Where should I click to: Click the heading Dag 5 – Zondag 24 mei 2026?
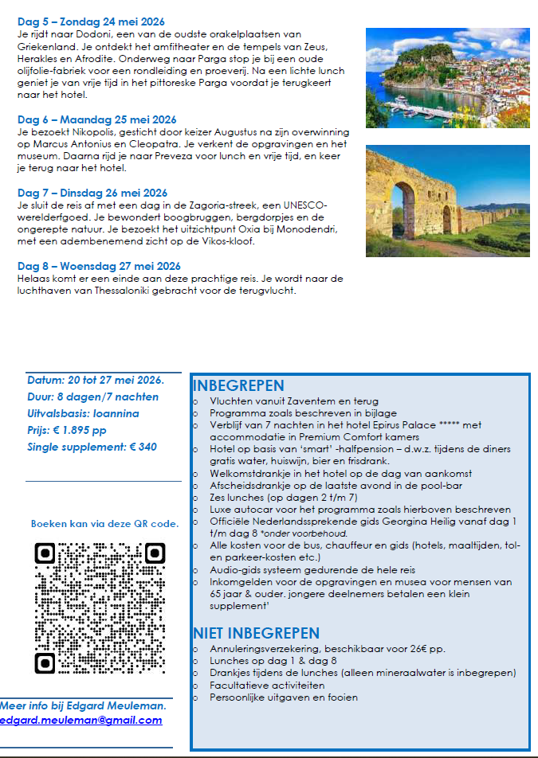point(91,21)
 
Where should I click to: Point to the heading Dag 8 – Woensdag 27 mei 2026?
point(99,266)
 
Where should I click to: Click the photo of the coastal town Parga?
point(447,77)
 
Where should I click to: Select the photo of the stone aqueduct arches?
point(447,201)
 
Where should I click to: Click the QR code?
point(100,608)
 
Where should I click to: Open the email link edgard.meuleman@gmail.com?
point(81,721)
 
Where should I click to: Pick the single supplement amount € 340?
point(143,447)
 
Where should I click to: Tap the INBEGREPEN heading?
point(238,386)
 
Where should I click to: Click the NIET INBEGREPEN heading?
point(256,634)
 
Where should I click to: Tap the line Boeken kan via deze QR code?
point(104,524)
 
